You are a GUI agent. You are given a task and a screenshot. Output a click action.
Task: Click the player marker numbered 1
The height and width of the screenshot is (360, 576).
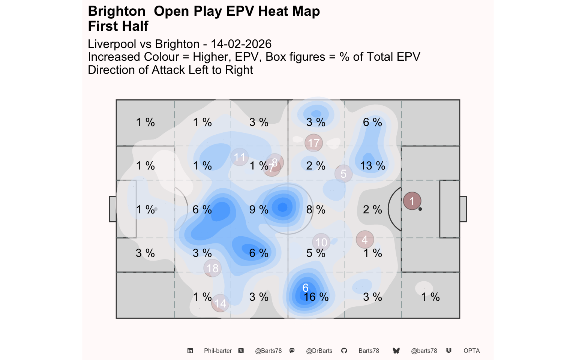point(412,201)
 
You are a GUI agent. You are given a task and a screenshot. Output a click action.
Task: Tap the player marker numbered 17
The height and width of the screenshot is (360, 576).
point(314,143)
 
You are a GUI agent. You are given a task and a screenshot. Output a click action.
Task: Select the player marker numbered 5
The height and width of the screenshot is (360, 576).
point(343,174)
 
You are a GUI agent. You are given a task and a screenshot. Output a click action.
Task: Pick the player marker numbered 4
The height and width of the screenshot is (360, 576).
point(365,239)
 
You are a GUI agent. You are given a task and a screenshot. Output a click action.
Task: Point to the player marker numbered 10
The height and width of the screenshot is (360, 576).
point(321,242)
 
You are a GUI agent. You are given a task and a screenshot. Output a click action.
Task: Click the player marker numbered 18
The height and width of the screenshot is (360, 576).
point(213,268)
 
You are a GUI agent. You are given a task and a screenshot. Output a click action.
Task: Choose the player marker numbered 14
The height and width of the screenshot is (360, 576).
point(220,303)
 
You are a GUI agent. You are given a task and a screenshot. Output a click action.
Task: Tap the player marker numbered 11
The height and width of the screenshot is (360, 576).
point(240,157)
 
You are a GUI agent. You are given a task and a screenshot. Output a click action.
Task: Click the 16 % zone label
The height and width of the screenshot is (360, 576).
point(316,297)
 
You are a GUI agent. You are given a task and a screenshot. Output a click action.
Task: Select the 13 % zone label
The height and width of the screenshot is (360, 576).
point(373,166)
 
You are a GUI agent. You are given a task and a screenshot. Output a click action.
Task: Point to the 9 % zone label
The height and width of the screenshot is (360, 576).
point(259,210)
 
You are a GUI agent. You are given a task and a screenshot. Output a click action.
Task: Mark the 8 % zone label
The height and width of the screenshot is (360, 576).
point(316,210)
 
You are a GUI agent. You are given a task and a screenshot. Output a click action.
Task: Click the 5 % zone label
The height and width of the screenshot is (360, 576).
point(316,253)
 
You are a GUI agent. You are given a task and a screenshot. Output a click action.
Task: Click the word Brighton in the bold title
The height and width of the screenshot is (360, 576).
point(117,11)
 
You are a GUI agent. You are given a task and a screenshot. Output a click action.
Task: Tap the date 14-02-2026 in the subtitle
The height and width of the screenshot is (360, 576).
point(241,44)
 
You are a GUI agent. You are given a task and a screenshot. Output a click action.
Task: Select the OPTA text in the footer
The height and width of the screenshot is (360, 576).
point(471,351)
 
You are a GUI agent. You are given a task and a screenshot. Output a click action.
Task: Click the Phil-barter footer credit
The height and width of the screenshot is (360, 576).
point(218,351)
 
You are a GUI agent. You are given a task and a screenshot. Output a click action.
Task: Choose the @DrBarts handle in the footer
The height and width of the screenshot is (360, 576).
point(319,351)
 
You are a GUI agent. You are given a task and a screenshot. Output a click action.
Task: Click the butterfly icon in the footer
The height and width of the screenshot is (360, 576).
point(396,351)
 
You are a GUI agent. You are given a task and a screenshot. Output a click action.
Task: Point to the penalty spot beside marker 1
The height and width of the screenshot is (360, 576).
point(420,209)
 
